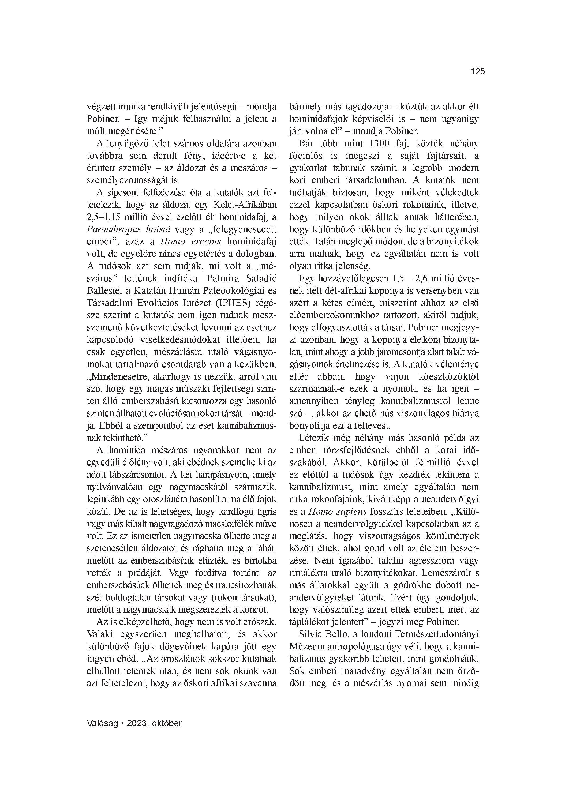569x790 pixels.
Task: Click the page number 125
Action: click(478, 72)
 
